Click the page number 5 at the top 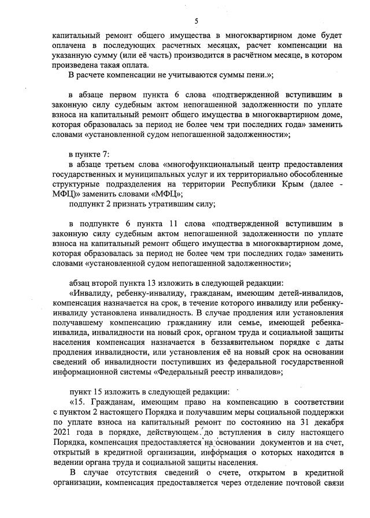point(197,21)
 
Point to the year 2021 point(61,431)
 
